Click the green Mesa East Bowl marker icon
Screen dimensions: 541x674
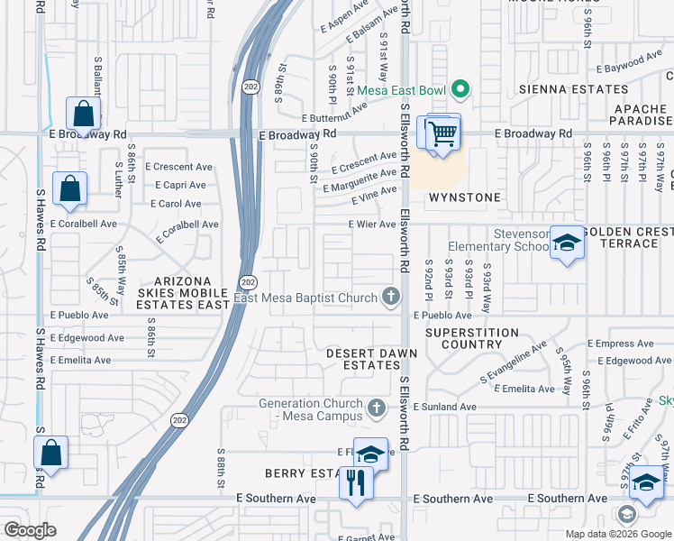(x=460, y=89)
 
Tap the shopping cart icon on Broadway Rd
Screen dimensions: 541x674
(x=442, y=134)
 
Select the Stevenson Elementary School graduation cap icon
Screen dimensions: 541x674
(x=567, y=243)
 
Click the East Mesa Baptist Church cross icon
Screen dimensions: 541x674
(x=390, y=295)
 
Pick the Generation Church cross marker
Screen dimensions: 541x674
(x=377, y=410)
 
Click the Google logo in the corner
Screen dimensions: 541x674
(x=30, y=529)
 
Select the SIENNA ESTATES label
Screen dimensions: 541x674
(x=572, y=89)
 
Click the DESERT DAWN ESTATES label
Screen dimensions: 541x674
(x=363, y=359)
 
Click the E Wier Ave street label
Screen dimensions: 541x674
(x=372, y=225)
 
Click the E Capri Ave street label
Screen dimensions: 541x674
(x=181, y=185)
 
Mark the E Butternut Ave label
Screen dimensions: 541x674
(x=334, y=112)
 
